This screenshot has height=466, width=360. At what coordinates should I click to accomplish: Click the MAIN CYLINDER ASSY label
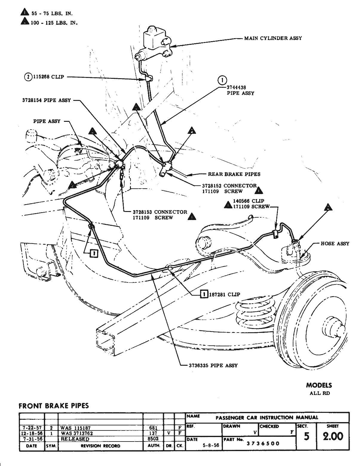(273, 38)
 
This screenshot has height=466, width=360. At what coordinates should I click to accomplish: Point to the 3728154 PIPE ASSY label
(46, 100)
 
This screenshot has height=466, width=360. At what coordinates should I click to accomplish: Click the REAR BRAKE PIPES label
(234, 174)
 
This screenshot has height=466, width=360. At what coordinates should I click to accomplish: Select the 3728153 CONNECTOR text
(160, 212)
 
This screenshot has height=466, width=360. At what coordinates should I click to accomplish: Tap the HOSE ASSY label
(335, 244)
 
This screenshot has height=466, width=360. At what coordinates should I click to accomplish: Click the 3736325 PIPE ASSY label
(213, 365)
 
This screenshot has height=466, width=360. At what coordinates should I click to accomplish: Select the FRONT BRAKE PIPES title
(54, 406)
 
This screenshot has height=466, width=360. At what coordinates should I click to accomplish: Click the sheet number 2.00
(333, 436)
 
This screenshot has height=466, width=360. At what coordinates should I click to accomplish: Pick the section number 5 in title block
(307, 436)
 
